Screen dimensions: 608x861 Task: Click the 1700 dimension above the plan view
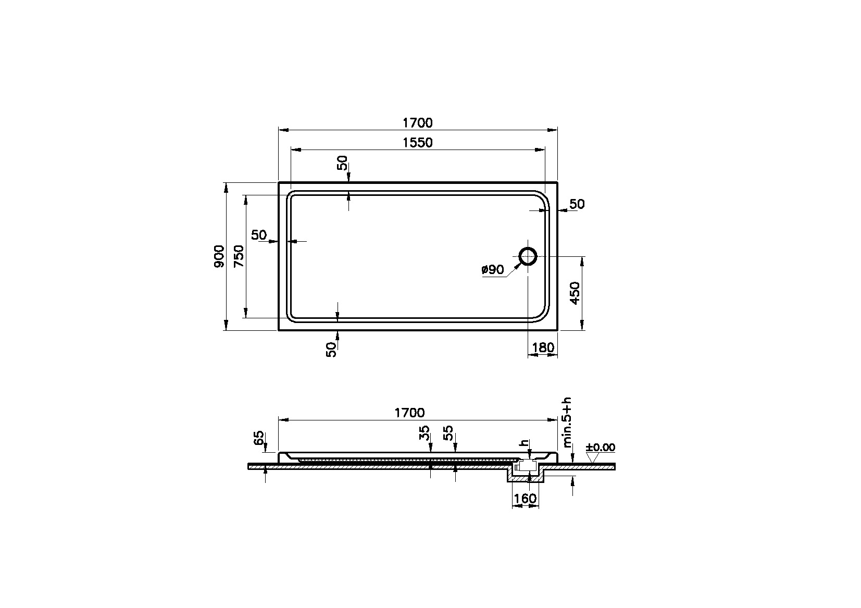point(417,123)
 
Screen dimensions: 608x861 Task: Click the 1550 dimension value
point(417,142)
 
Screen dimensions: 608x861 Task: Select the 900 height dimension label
point(219,256)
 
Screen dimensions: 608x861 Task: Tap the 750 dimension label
point(239,256)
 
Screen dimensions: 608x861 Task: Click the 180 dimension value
point(543,348)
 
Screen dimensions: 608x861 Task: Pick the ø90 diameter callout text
point(492,269)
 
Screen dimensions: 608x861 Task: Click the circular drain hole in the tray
point(528,256)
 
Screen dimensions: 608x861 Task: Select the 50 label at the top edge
point(342,164)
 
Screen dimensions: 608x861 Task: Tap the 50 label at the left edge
point(259,235)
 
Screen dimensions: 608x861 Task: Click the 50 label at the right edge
point(577,204)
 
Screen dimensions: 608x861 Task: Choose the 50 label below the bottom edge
point(331,349)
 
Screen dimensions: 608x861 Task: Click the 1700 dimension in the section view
point(409,413)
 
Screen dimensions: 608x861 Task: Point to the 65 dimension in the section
point(258,438)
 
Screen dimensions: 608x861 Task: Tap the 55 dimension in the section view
point(448,433)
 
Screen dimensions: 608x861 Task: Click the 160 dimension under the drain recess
point(525,499)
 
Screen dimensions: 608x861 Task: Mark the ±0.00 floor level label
point(600,448)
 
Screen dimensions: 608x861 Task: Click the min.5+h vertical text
point(567,423)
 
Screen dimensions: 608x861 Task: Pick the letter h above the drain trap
point(524,443)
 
